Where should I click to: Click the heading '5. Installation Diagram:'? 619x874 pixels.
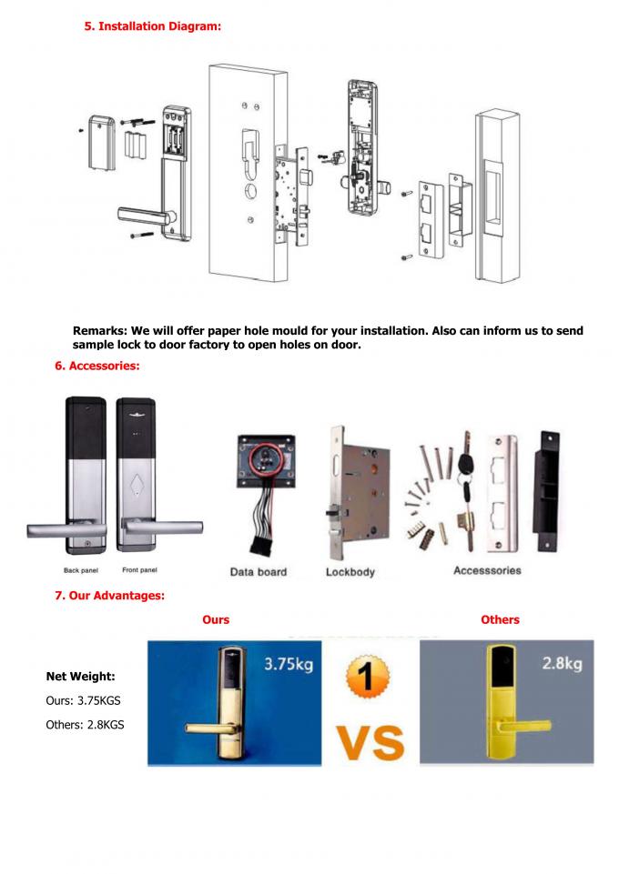[x=153, y=27]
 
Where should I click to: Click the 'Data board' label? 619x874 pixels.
[x=259, y=572]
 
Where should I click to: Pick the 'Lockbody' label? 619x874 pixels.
[x=350, y=572]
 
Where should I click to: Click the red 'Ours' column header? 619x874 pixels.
[x=216, y=619]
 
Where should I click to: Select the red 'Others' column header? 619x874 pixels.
[x=500, y=619]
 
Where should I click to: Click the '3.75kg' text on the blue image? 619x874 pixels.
[x=288, y=664]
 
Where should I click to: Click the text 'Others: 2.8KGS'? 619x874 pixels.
[x=85, y=724]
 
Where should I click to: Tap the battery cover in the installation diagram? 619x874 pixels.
[x=100, y=142]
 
